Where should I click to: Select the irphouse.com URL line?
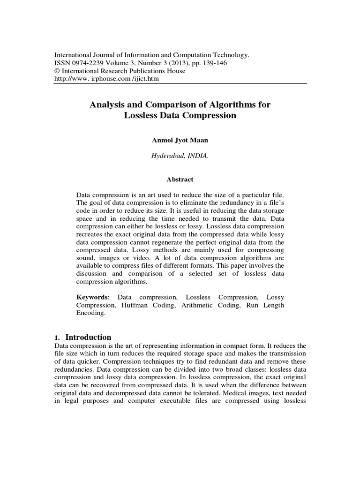tap(107, 79)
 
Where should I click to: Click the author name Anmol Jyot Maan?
tap(180, 140)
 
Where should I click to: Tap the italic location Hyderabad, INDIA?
tap(180, 157)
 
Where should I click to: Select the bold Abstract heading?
tap(180, 179)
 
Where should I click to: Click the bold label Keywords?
tap(92, 298)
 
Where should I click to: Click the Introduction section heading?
tap(88, 337)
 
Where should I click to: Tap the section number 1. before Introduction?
tap(58, 337)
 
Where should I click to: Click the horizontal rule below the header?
tap(180, 84)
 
